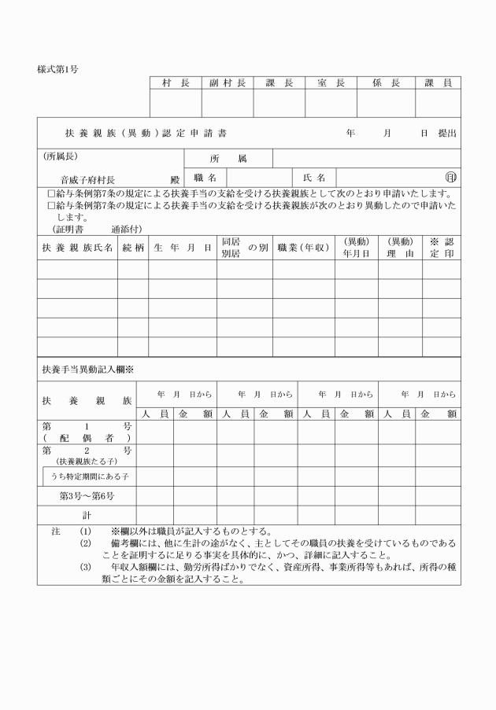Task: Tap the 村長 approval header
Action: point(176,83)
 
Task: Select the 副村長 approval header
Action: point(228,83)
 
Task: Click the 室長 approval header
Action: point(331,83)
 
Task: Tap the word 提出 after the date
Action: point(446,134)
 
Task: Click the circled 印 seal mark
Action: point(451,178)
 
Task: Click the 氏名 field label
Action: point(314,178)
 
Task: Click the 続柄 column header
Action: point(133,248)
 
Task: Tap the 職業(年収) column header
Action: point(303,248)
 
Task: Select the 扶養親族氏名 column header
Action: point(77,248)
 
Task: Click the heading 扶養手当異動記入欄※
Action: point(87,369)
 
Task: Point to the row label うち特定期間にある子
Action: point(90,476)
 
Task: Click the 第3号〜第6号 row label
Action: point(87,496)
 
